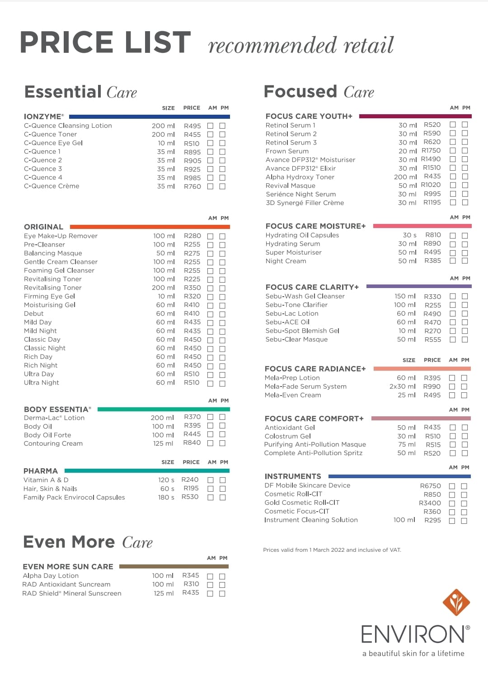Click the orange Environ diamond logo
(456, 602)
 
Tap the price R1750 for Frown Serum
(431, 151)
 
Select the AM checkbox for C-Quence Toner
(210, 135)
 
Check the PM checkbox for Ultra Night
(222, 383)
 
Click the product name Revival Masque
(290, 186)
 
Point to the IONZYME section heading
(43, 116)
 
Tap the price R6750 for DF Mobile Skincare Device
(430, 486)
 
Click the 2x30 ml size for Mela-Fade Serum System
(402, 387)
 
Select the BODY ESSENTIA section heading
(57, 409)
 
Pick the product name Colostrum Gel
(287, 436)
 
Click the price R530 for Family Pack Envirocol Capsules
(190, 497)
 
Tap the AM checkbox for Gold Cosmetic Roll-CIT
(452, 503)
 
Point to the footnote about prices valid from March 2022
(332, 550)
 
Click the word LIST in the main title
(158, 43)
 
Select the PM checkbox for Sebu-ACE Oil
(465, 322)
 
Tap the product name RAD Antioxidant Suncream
(66, 584)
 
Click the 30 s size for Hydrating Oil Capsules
(409, 235)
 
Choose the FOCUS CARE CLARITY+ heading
(312, 287)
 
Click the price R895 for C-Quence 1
(192, 152)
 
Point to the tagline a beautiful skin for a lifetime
(413, 653)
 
